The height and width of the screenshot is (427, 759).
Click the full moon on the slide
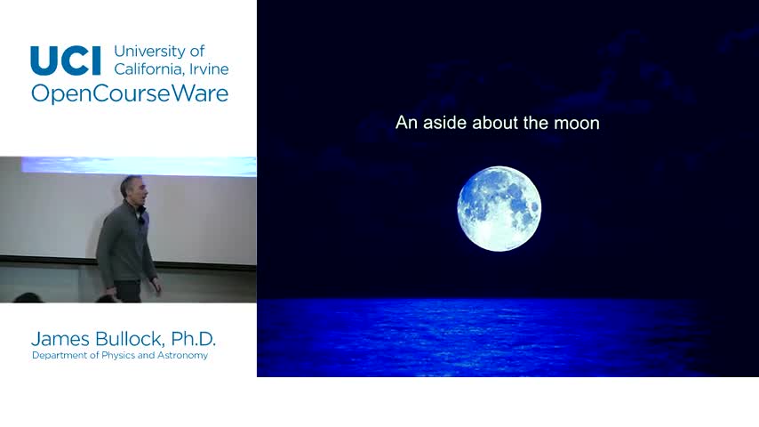(x=499, y=208)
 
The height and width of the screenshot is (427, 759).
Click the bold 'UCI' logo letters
(x=66, y=60)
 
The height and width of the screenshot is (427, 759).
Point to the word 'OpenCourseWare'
(x=130, y=93)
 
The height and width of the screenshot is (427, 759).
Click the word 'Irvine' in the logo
(x=209, y=68)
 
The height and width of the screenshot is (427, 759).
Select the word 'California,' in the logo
(x=149, y=68)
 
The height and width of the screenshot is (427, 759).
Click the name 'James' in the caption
(x=60, y=339)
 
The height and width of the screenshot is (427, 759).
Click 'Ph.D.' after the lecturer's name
(x=193, y=339)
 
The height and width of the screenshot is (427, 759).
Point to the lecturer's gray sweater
(x=125, y=245)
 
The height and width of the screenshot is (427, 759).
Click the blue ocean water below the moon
(x=507, y=337)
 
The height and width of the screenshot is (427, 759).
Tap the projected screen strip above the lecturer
(x=139, y=165)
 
